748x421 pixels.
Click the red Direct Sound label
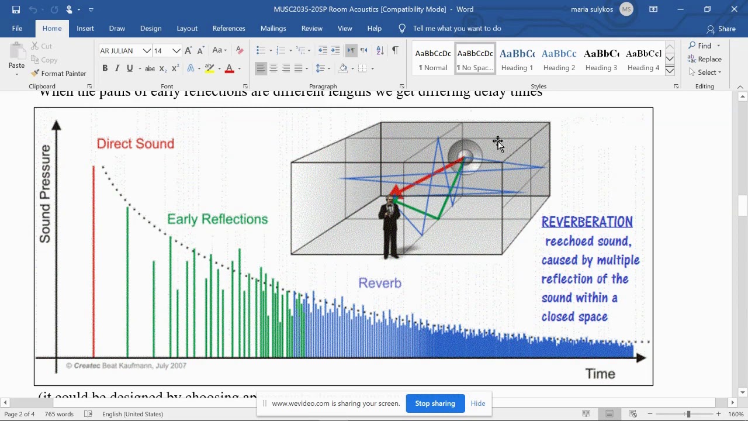pyautogui.click(x=135, y=144)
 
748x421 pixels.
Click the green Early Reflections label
pyautogui.click(x=217, y=219)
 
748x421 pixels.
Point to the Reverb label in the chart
pyautogui.click(x=380, y=283)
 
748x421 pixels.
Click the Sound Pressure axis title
pyautogui.click(x=45, y=194)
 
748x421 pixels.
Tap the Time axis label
pyautogui.click(x=600, y=374)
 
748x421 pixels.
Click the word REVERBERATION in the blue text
pyautogui.click(x=587, y=222)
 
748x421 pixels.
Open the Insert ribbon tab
pyautogui.click(x=85, y=28)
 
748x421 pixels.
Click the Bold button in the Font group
pyautogui.click(x=105, y=68)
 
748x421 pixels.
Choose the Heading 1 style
pyautogui.click(x=517, y=59)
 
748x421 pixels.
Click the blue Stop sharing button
pyautogui.click(x=435, y=403)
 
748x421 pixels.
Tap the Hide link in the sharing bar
pyautogui.click(x=478, y=403)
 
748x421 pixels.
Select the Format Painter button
pyautogui.click(x=58, y=74)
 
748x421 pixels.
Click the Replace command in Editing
pyautogui.click(x=705, y=59)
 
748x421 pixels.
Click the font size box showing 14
pyautogui.click(x=161, y=51)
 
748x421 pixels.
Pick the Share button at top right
pyautogui.click(x=721, y=29)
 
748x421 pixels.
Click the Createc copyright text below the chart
pyautogui.click(x=126, y=365)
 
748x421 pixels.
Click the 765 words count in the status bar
pyautogui.click(x=58, y=414)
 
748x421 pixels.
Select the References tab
pyautogui.click(x=228, y=28)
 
